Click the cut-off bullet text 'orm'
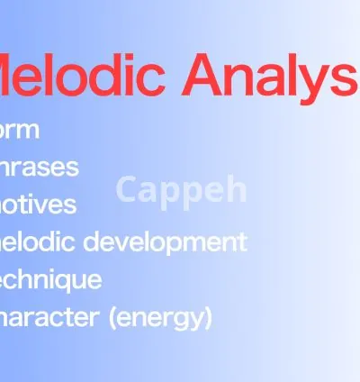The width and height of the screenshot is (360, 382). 20,130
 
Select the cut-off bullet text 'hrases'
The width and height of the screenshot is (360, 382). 40,168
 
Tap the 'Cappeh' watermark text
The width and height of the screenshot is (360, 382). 181,189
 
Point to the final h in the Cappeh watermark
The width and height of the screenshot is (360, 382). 237,188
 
